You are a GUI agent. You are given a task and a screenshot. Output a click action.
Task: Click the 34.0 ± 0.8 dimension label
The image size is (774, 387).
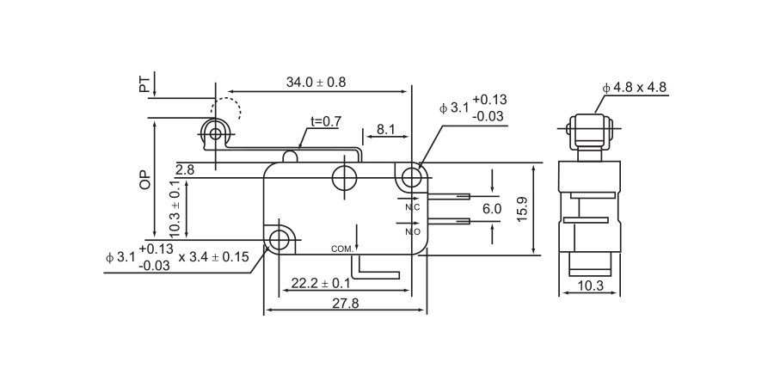click(316, 83)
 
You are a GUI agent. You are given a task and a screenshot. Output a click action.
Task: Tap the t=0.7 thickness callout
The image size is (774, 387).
click(325, 121)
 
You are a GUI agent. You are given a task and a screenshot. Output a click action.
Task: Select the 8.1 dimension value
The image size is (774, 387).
click(385, 130)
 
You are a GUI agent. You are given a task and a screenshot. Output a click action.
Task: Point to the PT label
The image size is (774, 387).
click(144, 84)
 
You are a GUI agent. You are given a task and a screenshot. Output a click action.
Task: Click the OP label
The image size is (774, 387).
click(144, 178)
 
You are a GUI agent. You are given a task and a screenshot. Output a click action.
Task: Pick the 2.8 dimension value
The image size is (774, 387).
click(185, 170)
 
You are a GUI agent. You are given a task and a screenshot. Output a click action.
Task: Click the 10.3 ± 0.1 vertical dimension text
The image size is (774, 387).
click(175, 209)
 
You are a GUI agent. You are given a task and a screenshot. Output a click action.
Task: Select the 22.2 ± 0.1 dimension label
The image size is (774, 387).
click(320, 283)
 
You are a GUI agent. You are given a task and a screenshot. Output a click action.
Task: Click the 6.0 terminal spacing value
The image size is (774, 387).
click(492, 209)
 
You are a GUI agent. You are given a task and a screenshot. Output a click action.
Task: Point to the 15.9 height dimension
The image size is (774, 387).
click(522, 209)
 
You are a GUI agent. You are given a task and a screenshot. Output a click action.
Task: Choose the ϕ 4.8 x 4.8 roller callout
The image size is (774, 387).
click(635, 87)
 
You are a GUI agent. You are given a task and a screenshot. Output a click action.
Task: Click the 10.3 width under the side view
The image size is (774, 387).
click(590, 286)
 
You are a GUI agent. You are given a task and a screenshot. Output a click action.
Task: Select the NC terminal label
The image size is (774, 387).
click(412, 207)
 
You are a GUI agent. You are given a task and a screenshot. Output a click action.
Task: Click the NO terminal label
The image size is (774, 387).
click(412, 231)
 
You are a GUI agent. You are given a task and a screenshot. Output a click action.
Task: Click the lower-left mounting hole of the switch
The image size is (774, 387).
click(279, 239)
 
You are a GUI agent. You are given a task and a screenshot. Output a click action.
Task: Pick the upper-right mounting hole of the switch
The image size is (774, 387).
click(413, 178)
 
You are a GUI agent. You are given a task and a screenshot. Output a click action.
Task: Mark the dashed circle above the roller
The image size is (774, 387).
click(227, 111)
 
